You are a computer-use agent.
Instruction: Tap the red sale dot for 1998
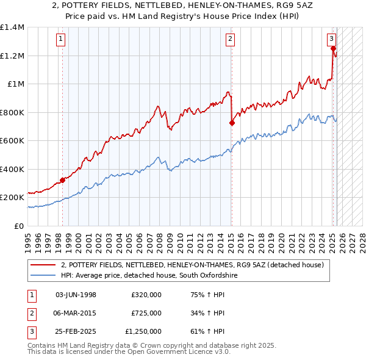pos(62,180)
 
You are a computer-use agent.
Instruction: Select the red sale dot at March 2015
pos(232,123)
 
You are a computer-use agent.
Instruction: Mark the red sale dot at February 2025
pos(333,48)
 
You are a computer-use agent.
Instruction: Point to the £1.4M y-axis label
pos(12,27)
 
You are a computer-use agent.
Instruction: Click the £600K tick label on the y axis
pos(12,141)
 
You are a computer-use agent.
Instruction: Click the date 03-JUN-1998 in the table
pos(76,295)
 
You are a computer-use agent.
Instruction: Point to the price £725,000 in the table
pos(146,313)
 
